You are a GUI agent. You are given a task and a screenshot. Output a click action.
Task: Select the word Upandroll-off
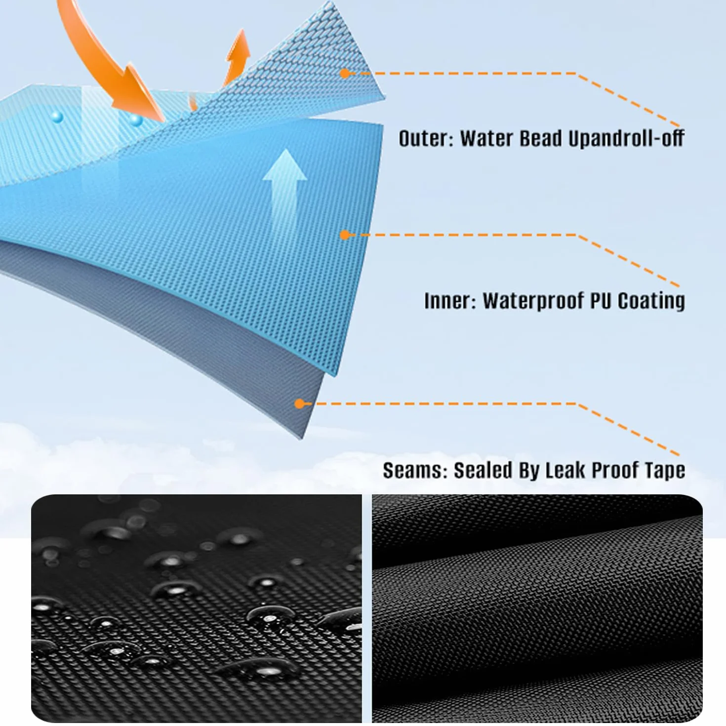pos(626,139)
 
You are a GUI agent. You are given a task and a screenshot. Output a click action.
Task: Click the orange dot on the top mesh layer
pos(344,74)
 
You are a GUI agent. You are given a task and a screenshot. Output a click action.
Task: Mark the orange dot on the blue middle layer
pos(344,235)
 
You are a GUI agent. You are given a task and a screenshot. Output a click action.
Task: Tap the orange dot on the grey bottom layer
pos(299,404)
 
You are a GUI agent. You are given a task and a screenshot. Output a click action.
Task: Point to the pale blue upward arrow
pos(285,188)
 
